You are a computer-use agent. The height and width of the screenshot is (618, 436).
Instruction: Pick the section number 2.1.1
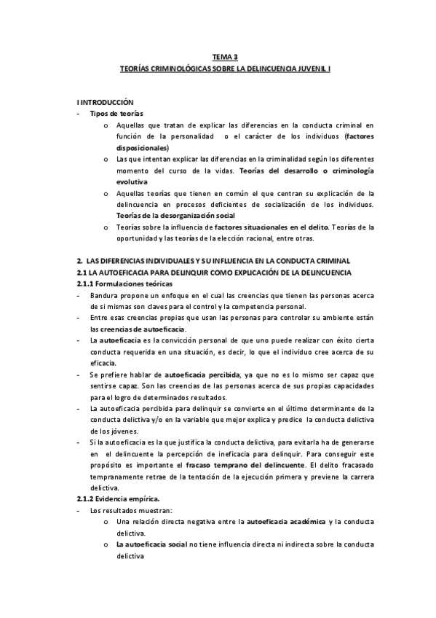(90, 283)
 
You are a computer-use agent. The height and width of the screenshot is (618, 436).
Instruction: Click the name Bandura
(103, 295)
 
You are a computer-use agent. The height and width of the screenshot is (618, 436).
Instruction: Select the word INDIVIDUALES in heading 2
(161, 260)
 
